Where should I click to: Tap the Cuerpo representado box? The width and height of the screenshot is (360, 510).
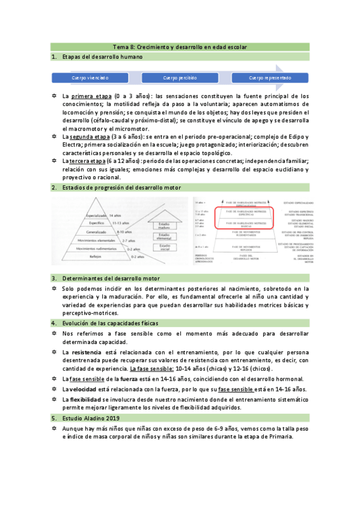(x=270, y=78)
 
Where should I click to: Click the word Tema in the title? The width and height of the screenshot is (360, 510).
(x=121, y=47)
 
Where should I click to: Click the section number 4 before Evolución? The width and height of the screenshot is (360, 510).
(x=54, y=323)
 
